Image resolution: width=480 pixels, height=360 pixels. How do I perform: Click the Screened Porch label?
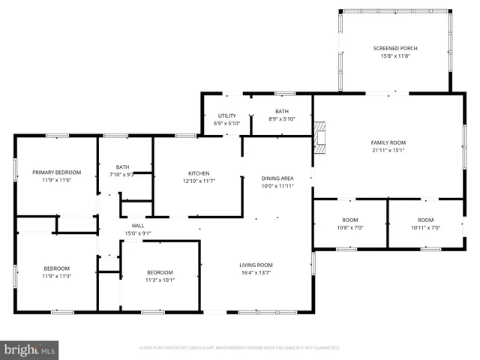(395, 49)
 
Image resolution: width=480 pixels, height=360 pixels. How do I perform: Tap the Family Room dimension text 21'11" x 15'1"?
(388, 149)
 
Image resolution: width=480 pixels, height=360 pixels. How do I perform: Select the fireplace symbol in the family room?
(320, 136)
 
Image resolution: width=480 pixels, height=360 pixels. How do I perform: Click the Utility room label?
(227, 115)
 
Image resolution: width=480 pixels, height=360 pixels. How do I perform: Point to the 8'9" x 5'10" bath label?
(282, 118)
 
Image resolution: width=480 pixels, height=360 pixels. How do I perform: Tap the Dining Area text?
(277, 178)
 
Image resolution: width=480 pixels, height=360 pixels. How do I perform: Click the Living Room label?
(256, 265)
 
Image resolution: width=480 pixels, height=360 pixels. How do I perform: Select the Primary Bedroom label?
(56, 172)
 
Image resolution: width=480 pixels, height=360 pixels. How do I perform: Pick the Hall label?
(138, 225)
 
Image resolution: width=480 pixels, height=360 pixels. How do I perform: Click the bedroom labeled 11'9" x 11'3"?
(56, 272)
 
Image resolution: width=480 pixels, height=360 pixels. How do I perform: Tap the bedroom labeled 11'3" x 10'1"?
(160, 276)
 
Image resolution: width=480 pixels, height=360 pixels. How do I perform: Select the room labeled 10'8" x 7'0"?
(349, 223)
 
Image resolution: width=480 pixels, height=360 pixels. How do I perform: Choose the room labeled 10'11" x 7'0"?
(424, 223)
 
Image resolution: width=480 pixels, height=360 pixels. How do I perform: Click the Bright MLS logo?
(30, 349)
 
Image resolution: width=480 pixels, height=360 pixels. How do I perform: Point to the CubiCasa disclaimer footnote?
(239, 348)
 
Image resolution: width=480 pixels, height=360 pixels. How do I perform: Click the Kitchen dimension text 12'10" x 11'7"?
(198, 181)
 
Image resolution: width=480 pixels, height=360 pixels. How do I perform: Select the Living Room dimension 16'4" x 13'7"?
(256, 274)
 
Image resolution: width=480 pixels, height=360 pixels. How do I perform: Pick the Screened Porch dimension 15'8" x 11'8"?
(395, 57)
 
